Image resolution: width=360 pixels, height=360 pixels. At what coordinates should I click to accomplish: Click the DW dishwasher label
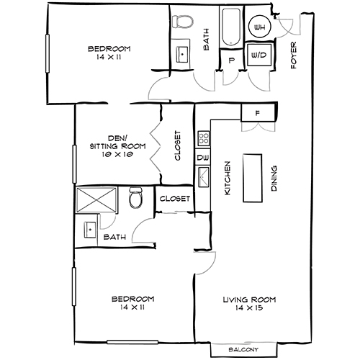(202, 157)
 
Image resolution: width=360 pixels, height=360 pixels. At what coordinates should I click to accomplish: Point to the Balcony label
(244, 350)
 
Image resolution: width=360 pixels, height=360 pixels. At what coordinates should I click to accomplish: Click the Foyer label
(294, 55)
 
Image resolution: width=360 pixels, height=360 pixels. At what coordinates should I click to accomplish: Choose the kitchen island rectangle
(253, 176)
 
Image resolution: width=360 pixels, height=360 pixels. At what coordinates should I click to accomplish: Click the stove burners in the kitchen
(203, 137)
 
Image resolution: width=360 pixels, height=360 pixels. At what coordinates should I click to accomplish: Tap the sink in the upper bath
(182, 54)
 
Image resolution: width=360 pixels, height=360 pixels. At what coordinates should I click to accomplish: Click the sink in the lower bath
(90, 230)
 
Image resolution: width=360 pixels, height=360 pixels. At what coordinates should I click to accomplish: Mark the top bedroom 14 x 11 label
(109, 53)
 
